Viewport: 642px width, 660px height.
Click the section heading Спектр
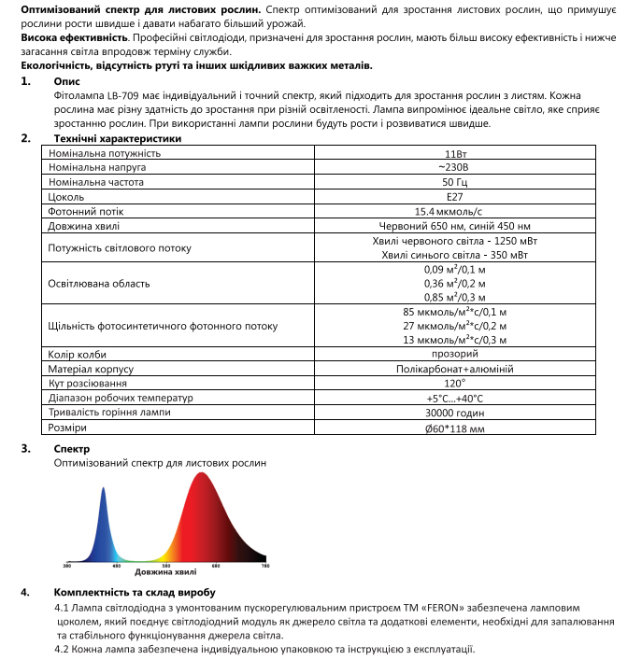click(x=73, y=449)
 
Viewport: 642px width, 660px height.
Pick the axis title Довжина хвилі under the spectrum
click(x=165, y=571)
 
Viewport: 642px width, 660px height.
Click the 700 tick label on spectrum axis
click(x=264, y=566)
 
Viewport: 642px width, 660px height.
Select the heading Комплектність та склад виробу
click(x=136, y=593)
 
